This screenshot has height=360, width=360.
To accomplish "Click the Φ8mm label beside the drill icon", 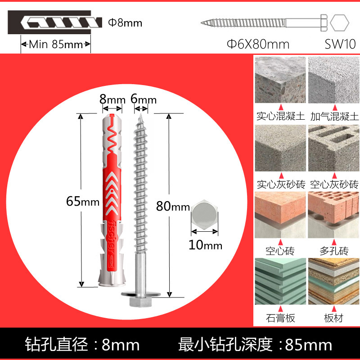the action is pos(125,22).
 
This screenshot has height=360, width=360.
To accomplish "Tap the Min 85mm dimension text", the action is pos(56,45).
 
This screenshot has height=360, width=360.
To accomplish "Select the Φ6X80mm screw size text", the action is pos(258,44).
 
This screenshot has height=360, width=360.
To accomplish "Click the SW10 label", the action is pos(340,44).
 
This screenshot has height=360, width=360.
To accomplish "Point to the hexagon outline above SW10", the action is pos(339,22).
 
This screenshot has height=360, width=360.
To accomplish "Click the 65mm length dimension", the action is pos(82,202).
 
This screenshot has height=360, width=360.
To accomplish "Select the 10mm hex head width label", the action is pos(206,245).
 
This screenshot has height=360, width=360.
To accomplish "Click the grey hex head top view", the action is pos(206,216).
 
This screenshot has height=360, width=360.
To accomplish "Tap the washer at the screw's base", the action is pos(140,294).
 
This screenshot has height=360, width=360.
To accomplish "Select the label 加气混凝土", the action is pos(334,117).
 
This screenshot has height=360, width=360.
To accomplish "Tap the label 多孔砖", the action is pos(333,251).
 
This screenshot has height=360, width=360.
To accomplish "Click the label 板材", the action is pos(333,318).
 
